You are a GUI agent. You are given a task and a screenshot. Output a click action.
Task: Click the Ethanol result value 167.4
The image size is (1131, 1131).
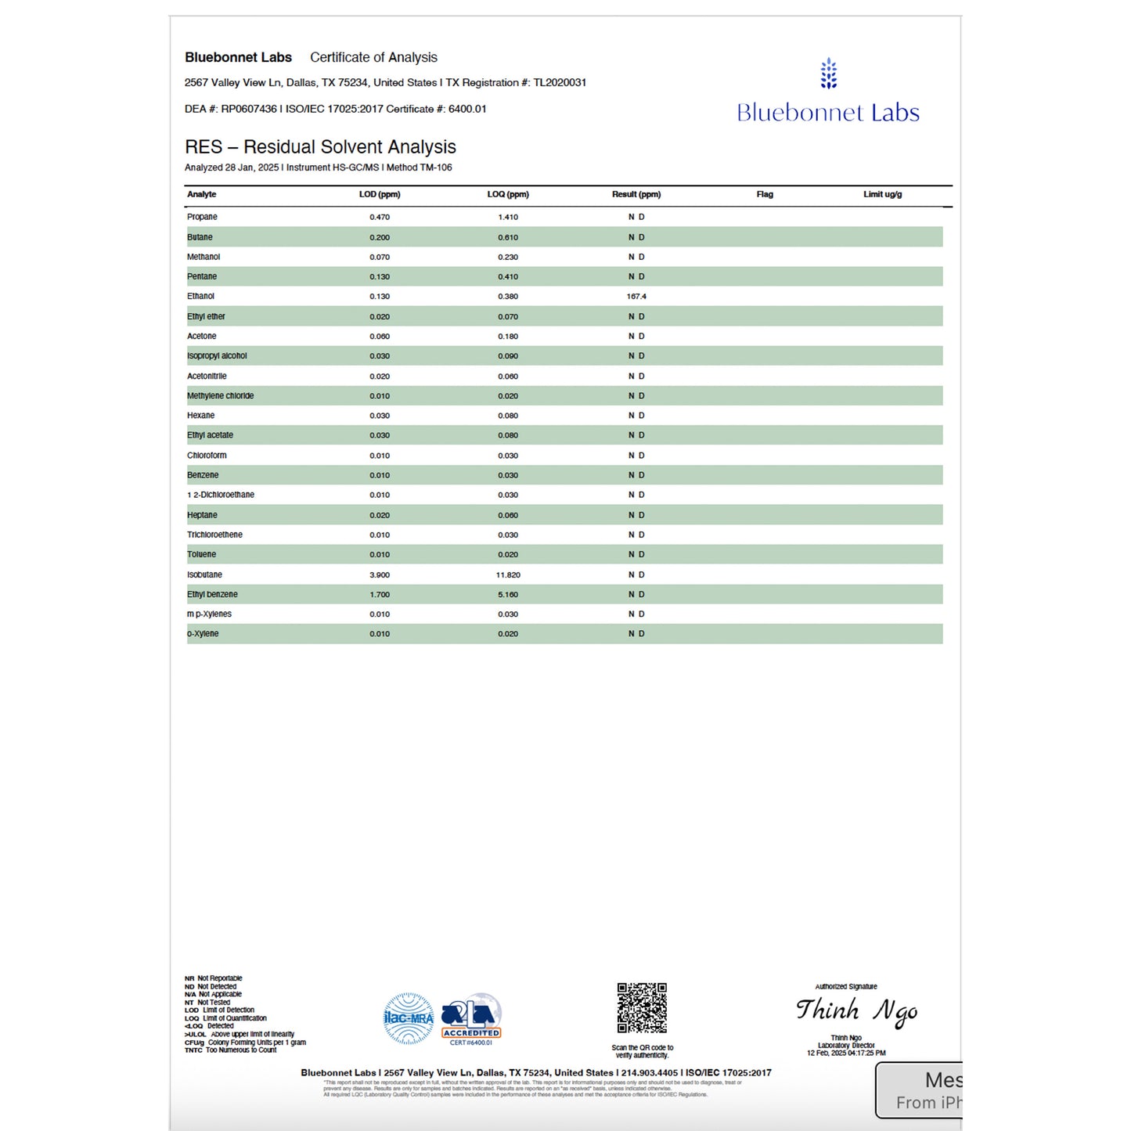click(636, 297)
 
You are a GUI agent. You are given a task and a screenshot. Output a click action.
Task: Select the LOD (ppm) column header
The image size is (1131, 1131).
click(380, 194)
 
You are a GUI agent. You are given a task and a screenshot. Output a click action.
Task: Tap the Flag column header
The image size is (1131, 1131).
click(765, 194)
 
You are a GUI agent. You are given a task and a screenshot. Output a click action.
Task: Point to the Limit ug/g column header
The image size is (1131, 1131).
click(882, 194)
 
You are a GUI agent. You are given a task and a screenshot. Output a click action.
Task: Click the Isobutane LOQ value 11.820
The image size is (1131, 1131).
click(508, 575)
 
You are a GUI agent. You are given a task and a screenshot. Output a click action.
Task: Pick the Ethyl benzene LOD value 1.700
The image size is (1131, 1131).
click(380, 595)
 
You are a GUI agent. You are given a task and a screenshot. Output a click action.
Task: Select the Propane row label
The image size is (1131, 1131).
click(202, 217)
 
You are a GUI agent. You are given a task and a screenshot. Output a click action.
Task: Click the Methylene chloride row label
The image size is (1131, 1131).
click(220, 396)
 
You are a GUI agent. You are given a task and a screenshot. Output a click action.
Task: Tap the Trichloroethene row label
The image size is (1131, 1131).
click(214, 535)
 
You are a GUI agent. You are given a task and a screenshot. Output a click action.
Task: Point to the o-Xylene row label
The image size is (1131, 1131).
click(203, 634)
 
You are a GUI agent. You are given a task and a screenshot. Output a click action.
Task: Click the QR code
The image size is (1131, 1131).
click(642, 1008)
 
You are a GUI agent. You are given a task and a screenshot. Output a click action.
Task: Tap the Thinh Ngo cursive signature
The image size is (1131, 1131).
click(856, 1011)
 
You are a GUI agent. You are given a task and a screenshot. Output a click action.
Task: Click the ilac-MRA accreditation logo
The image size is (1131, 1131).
click(409, 1018)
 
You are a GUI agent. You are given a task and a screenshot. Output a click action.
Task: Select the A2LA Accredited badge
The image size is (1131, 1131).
click(471, 1019)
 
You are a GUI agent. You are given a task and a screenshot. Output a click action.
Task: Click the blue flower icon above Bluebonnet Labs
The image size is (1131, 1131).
click(829, 74)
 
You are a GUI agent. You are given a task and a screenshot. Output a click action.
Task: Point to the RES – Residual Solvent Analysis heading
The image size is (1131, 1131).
click(320, 147)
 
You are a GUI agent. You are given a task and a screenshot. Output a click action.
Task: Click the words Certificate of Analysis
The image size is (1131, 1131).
click(373, 57)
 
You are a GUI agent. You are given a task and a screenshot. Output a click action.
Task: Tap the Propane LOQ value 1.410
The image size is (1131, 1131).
click(508, 218)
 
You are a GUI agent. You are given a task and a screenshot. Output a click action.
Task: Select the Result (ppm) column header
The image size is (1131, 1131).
click(636, 194)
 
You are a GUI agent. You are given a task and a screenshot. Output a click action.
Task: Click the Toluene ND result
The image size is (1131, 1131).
click(636, 555)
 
